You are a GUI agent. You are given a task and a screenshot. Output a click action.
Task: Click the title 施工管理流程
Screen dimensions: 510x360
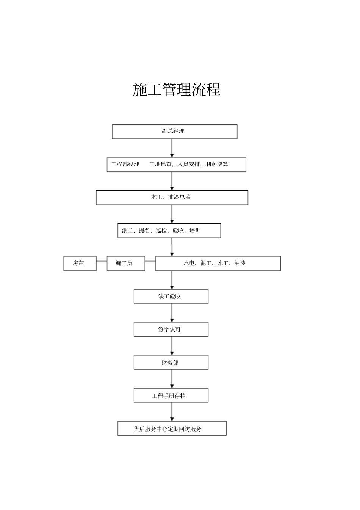click(177, 89)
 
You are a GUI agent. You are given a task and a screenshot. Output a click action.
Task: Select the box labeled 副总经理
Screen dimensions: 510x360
click(174, 131)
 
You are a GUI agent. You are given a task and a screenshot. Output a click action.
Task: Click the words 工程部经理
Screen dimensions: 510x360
click(125, 164)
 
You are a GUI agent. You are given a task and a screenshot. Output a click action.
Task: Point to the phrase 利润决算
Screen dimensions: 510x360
click(217, 164)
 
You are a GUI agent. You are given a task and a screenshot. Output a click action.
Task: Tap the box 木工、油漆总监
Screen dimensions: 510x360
click(172, 198)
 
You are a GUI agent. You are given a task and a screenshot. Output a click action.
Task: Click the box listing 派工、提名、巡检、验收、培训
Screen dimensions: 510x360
click(169, 231)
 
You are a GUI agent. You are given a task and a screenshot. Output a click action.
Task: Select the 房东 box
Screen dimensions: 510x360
click(80, 263)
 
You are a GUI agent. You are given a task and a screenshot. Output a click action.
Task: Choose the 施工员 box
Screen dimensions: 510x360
click(125, 263)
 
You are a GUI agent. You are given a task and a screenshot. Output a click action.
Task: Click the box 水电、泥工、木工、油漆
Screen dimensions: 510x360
click(218, 263)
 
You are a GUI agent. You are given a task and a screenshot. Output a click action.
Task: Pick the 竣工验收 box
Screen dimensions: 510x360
click(171, 296)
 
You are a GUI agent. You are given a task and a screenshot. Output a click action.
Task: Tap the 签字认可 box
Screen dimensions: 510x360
click(171, 329)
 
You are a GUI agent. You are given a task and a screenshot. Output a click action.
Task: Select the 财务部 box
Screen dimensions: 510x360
click(171, 362)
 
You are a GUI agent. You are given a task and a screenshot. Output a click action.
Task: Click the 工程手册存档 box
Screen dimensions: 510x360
click(171, 395)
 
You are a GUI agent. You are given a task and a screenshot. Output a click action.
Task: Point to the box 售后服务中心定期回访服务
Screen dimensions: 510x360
click(172, 428)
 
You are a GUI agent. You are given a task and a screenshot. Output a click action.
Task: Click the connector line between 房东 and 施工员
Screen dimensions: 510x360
click(102, 261)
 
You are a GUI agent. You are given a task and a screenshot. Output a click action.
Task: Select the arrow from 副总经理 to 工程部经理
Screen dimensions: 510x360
click(172, 148)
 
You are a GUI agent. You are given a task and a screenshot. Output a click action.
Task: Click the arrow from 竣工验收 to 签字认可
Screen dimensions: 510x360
click(172, 313)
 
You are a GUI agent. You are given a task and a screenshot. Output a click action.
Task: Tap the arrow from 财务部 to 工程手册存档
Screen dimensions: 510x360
click(172, 379)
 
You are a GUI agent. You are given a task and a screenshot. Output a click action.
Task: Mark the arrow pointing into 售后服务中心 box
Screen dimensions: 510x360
click(172, 412)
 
